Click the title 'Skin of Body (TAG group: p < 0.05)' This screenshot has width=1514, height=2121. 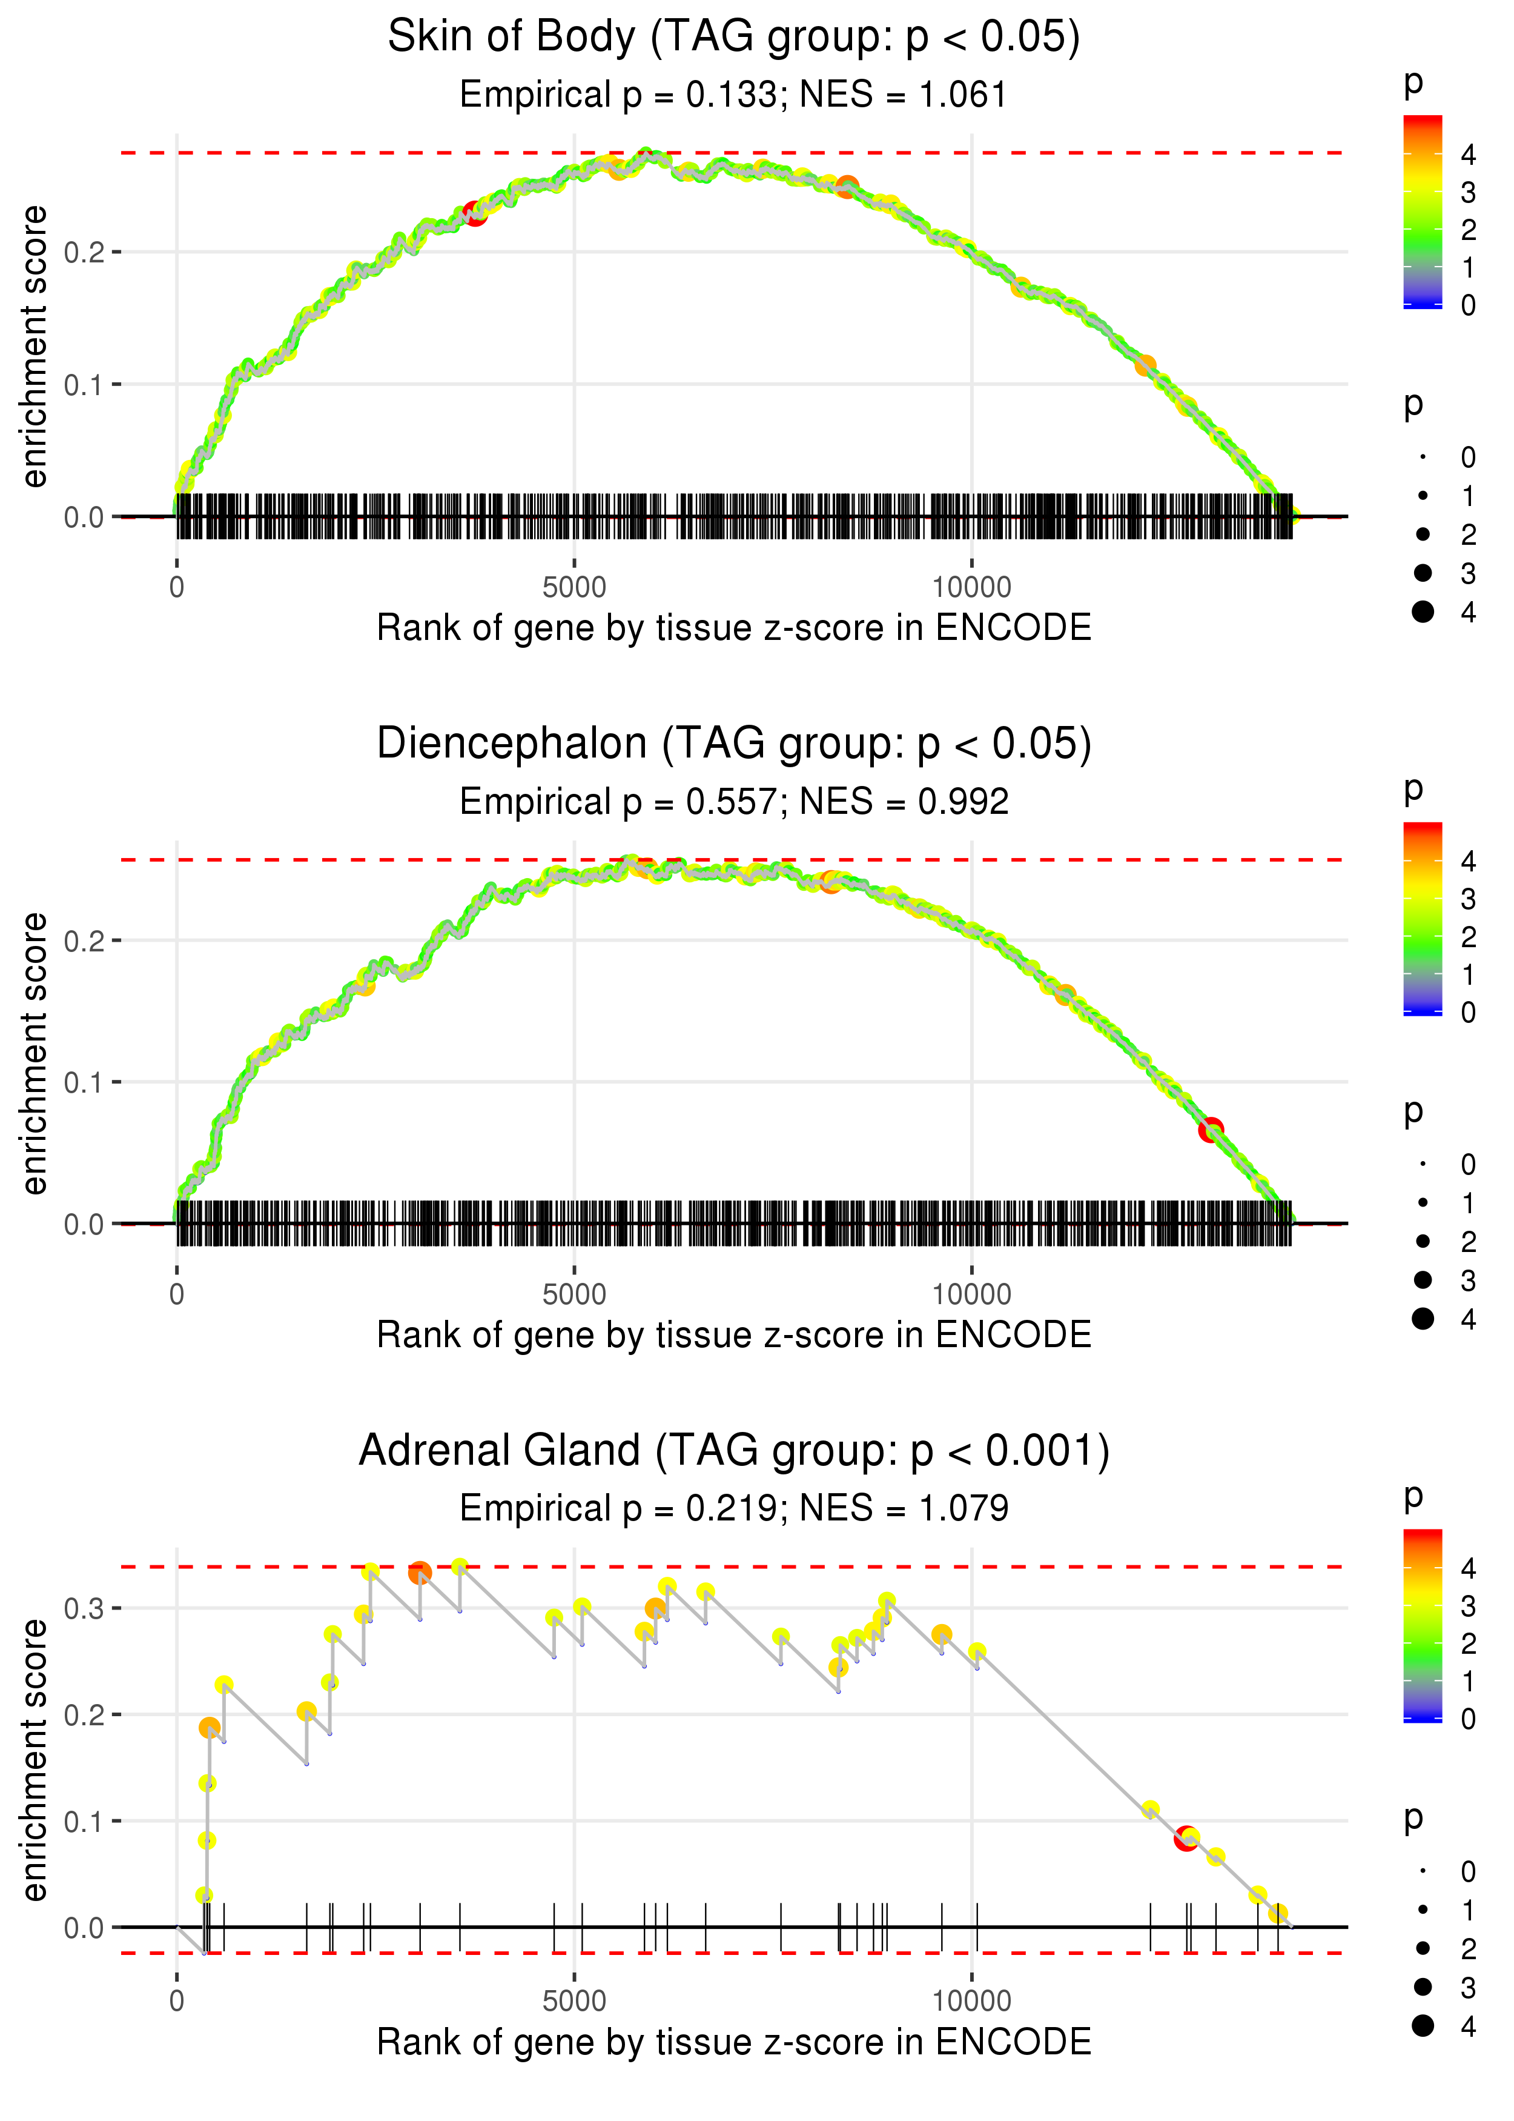tap(734, 38)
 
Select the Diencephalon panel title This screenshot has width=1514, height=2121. tap(734, 744)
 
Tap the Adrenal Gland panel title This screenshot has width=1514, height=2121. tap(734, 1451)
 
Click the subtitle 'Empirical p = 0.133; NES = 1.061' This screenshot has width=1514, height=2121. tap(734, 95)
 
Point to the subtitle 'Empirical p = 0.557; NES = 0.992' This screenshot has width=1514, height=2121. tap(734, 802)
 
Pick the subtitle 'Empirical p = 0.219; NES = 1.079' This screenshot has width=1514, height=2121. tap(734, 1509)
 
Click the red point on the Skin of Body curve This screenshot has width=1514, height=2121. tap(475, 215)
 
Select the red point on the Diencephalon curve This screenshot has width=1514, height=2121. tap(1210, 1130)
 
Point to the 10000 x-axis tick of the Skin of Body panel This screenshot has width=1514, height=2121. tap(971, 588)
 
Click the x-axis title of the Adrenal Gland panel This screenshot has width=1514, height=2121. tap(734, 2043)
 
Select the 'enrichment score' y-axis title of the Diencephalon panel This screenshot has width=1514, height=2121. tap(35, 1053)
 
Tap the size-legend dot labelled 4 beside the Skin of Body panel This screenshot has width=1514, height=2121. tap(1423, 612)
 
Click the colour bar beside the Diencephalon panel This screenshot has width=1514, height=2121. tap(1423, 919)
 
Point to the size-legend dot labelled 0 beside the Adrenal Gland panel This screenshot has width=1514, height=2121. tap(1423, 1871)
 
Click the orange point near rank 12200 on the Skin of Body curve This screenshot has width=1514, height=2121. tap(1145, 365)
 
